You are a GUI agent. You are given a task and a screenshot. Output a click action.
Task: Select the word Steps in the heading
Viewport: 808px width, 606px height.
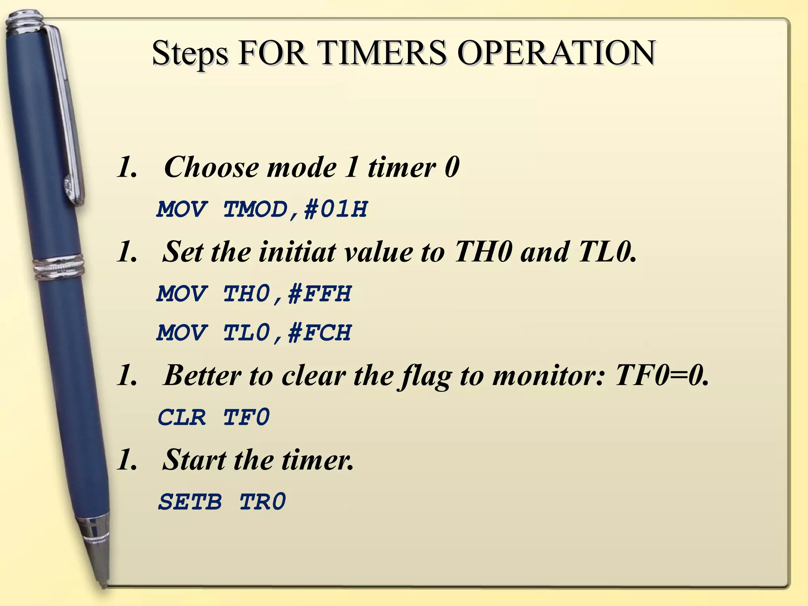click(x=190, y=54)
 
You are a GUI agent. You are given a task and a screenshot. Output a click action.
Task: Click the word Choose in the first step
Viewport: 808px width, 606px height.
click(x=211, y=167)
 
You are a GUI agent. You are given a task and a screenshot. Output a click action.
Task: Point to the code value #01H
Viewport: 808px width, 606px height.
click(x=335, y=209)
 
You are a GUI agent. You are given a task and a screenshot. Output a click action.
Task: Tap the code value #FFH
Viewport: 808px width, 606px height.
click(x=319, y=294)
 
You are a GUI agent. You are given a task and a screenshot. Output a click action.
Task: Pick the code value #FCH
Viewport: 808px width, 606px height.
click(x=319, y=333)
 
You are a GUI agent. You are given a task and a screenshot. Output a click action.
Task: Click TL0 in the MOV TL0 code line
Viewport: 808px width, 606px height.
click(x=247, y=333)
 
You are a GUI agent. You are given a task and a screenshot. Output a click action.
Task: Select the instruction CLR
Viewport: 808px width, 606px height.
click(x=182, y=417)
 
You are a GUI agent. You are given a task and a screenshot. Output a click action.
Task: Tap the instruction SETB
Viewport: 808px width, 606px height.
click(x=190, y=502)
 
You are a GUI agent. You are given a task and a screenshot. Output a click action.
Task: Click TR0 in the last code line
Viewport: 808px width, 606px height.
click(x=262, y=502)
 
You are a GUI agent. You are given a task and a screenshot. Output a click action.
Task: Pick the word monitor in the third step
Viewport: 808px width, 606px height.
click(x=549, y=376)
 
